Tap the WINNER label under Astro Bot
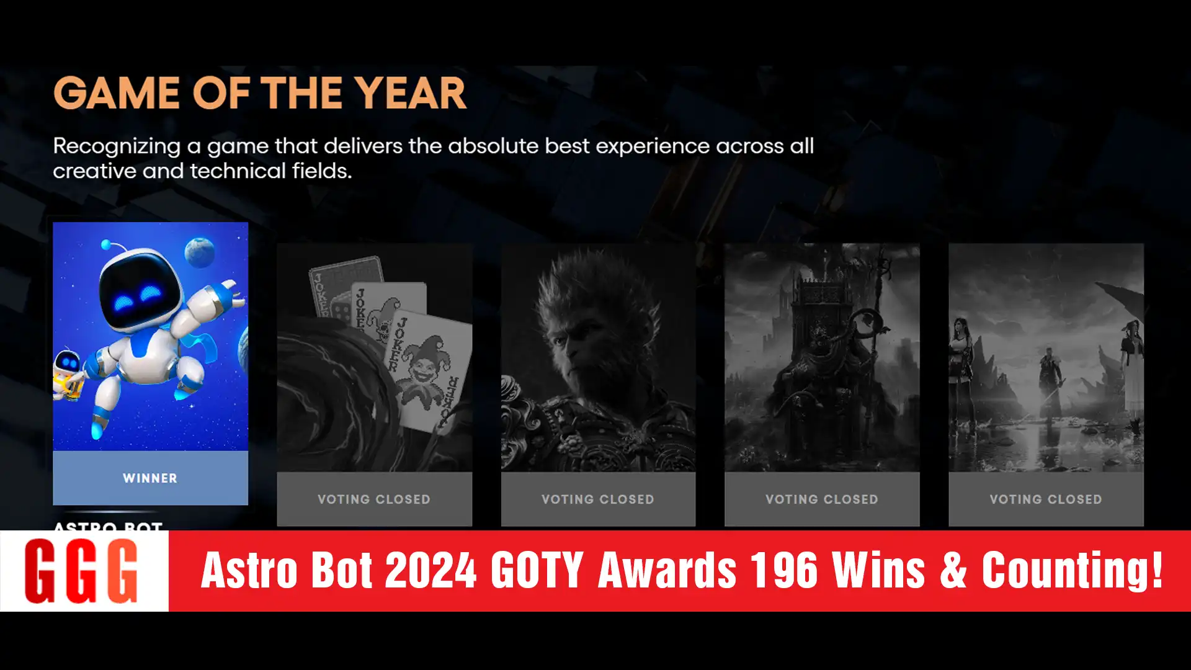click(150, 478)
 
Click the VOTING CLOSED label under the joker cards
click(374, 499)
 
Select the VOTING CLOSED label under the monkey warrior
click(598, 499)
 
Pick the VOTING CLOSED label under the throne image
click(822, 499)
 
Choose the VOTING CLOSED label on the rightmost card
click(1046, 499)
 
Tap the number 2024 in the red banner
click(430, 570)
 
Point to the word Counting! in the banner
click(1072, 570)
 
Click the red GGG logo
click(81, 571)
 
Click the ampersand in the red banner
click(953, 570)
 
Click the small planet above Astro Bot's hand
click(200, 251)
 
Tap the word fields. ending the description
click(322, 171)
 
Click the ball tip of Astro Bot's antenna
click(106, 244)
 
